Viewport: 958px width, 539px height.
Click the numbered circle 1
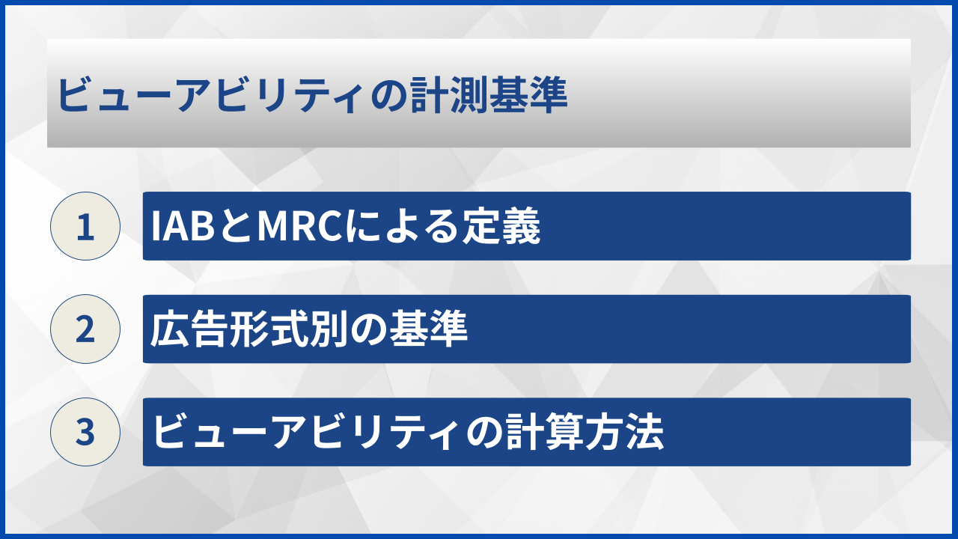(85, 226)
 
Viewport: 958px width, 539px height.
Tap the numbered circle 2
(85, 329)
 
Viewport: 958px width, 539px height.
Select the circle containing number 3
(85, 432)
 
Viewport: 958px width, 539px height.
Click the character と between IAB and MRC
(237, 227)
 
